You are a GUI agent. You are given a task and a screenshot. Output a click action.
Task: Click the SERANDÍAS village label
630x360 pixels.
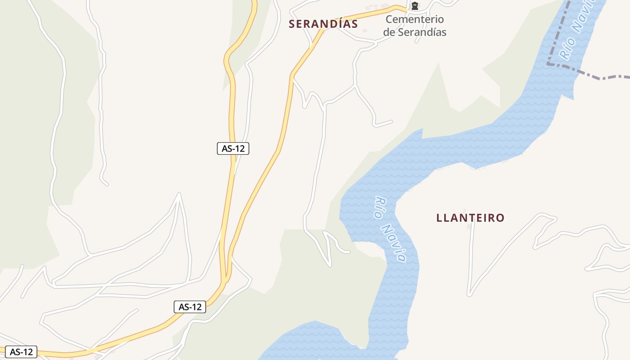(x=323, y=24)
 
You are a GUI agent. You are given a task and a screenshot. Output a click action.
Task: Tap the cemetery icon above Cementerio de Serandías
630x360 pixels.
(x=414, y=6)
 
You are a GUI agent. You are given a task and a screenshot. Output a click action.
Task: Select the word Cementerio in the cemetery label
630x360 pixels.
(x=414, y=19)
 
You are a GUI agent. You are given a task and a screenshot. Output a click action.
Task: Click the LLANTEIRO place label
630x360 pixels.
(x=470, y=218)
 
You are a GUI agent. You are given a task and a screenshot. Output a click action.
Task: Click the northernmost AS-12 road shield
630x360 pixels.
(x=233, y=148)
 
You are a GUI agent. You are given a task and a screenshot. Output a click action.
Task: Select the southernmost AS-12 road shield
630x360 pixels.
(x=22, y=351)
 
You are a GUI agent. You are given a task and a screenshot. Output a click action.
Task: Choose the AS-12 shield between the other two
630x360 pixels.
(x=190, y=307)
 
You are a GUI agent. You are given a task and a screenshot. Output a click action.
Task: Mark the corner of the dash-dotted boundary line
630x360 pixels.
(x=549, y=64)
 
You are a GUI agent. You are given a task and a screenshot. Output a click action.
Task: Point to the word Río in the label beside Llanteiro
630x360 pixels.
(x=381, y=207)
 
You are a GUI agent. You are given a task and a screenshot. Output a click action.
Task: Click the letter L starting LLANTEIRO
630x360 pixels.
(x=439, y=218)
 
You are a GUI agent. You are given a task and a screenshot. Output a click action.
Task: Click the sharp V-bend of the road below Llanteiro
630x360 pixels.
(x=470, y=294)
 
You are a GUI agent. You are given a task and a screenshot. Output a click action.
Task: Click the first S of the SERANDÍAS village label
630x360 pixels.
(x=292, y=24)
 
